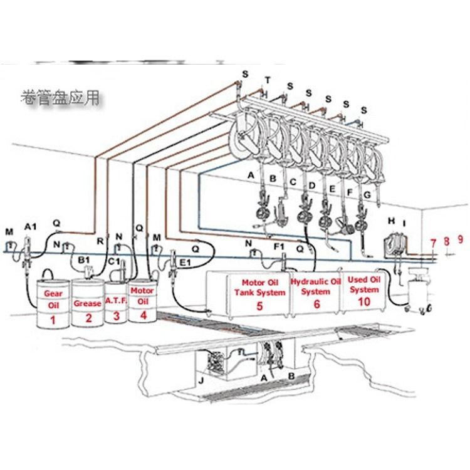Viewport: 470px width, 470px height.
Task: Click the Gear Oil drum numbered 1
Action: [x=53, y=303]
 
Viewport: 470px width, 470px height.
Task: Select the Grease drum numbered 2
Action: [x=87, y=303]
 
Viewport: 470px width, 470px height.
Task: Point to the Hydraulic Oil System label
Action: [x=316, y=287]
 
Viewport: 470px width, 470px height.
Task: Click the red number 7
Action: [x=432, y=243]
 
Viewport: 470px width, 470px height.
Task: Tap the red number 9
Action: [x=460, y=239]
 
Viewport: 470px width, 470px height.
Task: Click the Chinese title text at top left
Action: [x=60, y=98]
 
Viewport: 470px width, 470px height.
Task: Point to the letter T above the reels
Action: [x=268, y=80]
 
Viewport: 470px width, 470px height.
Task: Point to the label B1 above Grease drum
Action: [x=83, y=258]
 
